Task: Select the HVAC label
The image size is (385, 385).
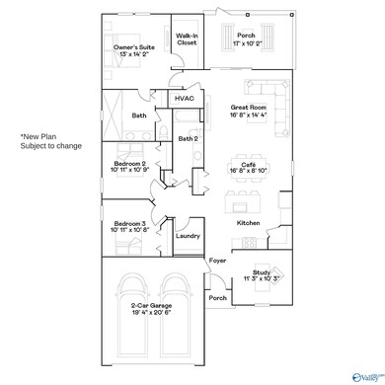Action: [185, 99]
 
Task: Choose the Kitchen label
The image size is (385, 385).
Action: [248, 223]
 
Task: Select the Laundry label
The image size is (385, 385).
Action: [187, 236]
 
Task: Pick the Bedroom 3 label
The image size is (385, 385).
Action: [130, 226]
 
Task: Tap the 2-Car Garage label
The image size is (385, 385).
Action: [155, 333]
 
